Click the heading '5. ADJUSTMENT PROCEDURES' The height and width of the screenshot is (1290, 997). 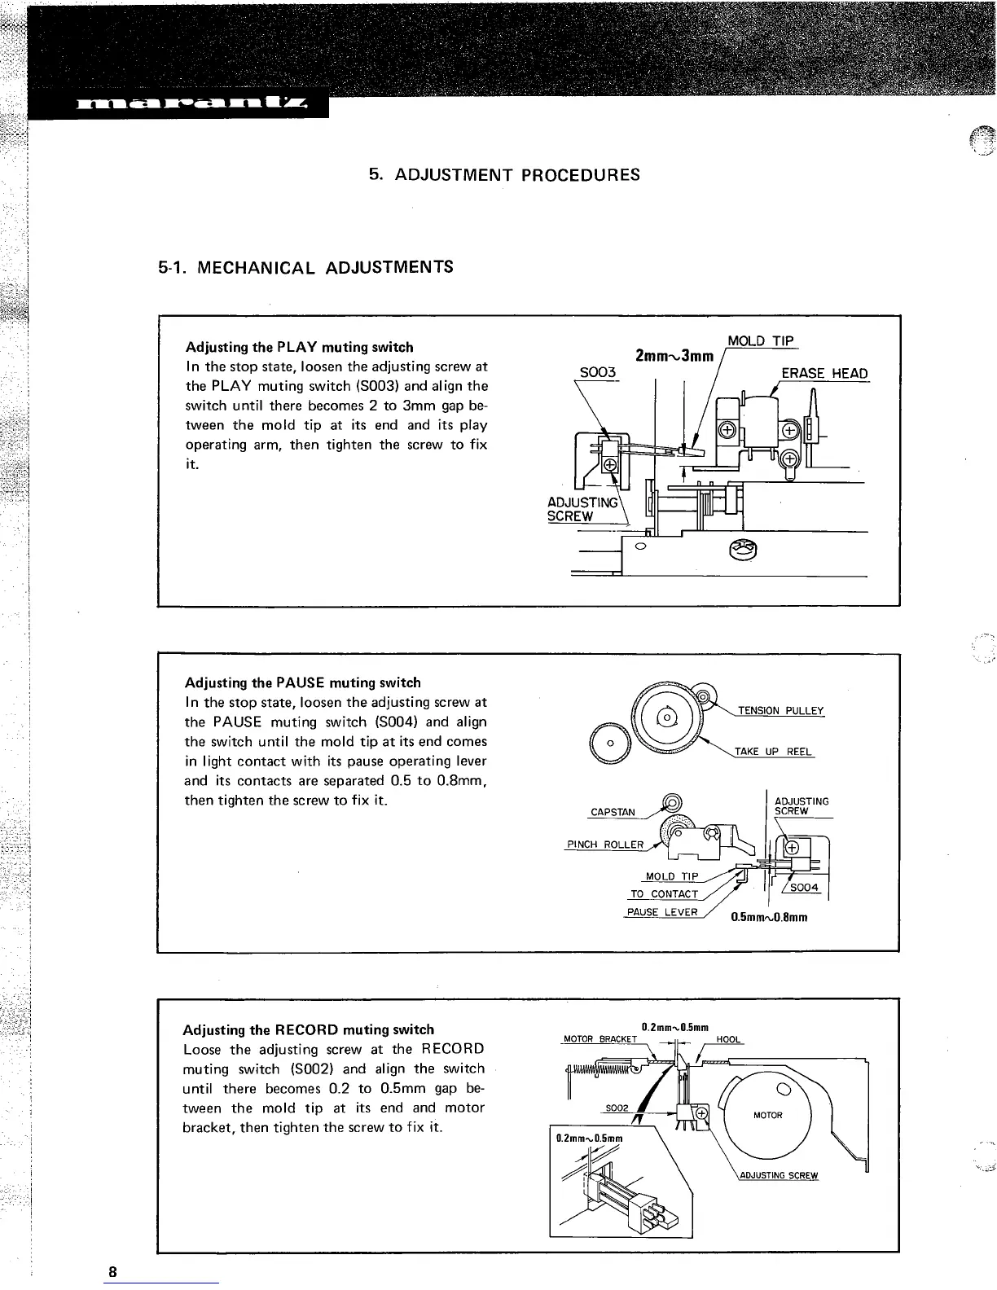[504, 174]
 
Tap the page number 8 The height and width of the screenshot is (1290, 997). [113, 1272]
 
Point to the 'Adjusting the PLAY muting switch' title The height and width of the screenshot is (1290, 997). [299, 347]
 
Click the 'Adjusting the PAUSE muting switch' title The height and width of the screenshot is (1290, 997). [303, 682]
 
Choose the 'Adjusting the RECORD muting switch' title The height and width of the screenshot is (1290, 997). [309, 1029]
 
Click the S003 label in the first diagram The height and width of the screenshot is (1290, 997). [597, 372]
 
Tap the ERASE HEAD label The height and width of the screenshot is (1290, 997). [824, 374]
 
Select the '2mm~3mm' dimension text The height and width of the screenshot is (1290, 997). [674, 356]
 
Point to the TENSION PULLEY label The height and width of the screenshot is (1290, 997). [780, 711]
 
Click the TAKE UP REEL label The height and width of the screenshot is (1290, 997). [773, 752]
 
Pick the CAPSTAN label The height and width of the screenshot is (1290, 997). [613, 812]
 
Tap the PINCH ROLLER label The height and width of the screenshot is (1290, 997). [604, 845]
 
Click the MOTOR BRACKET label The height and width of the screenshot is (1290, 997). [600, 1039]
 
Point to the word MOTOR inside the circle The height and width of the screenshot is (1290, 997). [767, 1115]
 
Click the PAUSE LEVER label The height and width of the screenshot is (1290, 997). [662, 912]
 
